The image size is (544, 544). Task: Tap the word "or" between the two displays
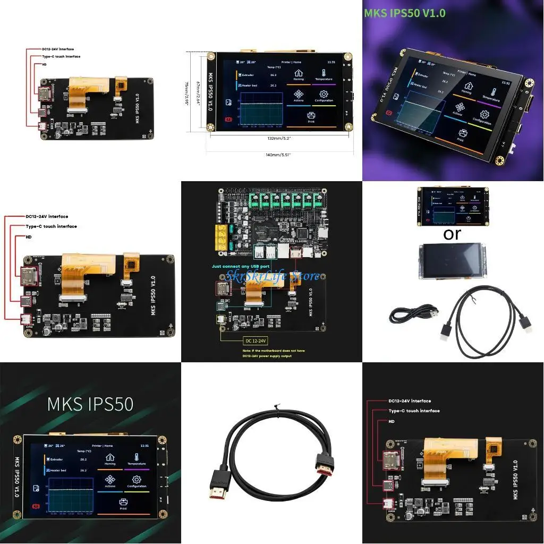[452, 233]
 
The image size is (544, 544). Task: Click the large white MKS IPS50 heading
[90, 403]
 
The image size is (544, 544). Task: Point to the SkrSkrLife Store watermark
[273, 276]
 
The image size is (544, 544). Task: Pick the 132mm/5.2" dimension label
[279, 138]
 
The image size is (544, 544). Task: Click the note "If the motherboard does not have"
[268, 350]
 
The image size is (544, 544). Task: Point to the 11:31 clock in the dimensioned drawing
[331, 62]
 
